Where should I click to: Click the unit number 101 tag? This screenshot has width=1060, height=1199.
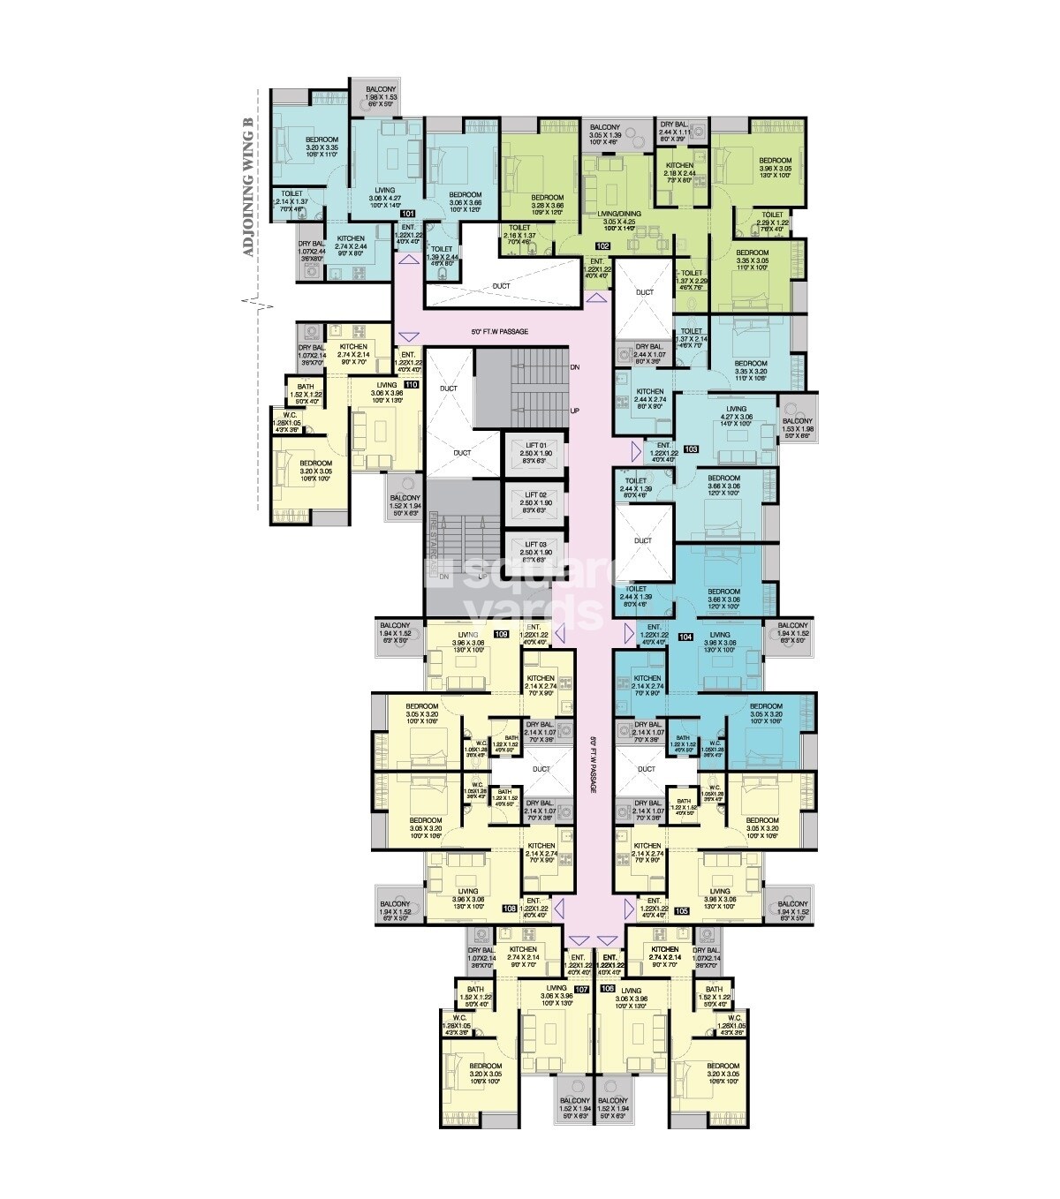(408, 215)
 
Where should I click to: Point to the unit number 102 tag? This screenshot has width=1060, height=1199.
(603, 245)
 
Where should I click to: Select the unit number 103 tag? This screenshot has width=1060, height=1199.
(691, 449)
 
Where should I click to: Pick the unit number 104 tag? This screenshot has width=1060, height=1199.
(685, 636)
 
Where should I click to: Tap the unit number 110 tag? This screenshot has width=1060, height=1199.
(411, 385)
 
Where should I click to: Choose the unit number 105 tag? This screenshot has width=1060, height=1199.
(681, 909)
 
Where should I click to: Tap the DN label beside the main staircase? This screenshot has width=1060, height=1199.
(574, 366)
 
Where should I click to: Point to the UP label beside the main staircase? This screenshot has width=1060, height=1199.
(574, 411)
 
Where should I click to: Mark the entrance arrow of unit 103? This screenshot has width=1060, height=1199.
(635, 450)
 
